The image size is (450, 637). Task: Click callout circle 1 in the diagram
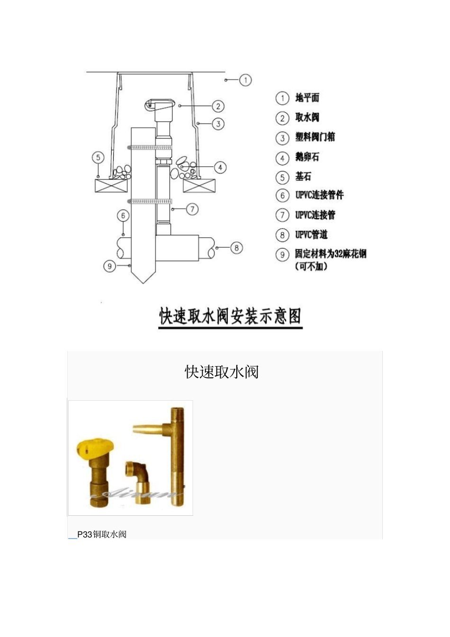pyautogui.click(x=245, y=80)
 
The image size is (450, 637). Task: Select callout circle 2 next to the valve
pyautogui.click(x=218, y=107)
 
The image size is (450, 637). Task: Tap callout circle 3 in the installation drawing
pyautogui.click(x=218, y=124)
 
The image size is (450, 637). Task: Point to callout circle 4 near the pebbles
pyautogui.click(x=220, y=168)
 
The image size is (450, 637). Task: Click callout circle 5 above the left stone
pyautogui.click(x=98, y=158)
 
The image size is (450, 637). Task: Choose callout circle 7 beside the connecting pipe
pyautogui.click(x=192, y=209)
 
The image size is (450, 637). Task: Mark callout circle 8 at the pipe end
pyautogui.click(x=236, y=248)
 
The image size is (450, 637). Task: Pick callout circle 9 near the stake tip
pyautogui.click(x=110, y=266)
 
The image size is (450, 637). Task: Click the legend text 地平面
pyautogui.click(x=307, y=98)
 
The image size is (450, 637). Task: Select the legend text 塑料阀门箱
pyautogui.click(x=315, y=137)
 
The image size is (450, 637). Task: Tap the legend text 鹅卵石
pyautogui.click(x=307, y=157)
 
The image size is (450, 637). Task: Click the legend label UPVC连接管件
pyautogui.click(x=319, y=195)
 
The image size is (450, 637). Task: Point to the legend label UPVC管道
pyautogui.click(x=311, y=234)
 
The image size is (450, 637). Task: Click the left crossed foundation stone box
pyautogui.click(x=111, y=186)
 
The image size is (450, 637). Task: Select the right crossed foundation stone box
pyautogui.click(x=199, y=186)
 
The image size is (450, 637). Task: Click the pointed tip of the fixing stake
pyautogui.click(x=143, y=283)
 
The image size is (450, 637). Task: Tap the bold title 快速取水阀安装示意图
pyautogui.click(x=230, y=316)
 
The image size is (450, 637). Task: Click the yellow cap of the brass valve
pyautogui.click(x=95, y=449)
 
